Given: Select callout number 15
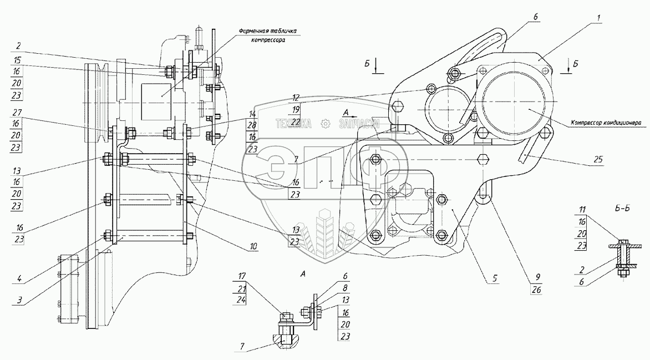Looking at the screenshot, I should [18, 59].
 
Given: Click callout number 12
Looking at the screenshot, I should [295, 96].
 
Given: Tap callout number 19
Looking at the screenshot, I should [295, 109].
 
